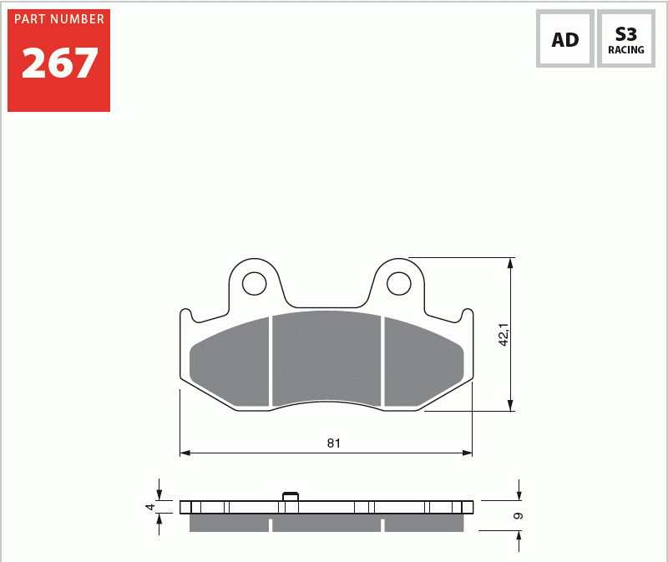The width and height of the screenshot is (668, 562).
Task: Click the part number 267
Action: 59,63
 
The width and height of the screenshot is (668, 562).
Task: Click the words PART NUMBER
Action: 59,19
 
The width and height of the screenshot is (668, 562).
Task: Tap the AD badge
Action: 565,38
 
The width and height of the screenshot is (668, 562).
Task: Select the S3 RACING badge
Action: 625,38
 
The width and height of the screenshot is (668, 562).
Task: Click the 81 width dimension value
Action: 333,443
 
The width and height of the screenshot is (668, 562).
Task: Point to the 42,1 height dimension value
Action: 504,335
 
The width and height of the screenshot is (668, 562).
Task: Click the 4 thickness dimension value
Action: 150,507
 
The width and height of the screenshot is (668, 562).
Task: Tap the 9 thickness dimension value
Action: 518,516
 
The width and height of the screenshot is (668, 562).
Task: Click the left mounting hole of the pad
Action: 255,283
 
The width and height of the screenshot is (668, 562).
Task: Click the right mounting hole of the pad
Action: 399,283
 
